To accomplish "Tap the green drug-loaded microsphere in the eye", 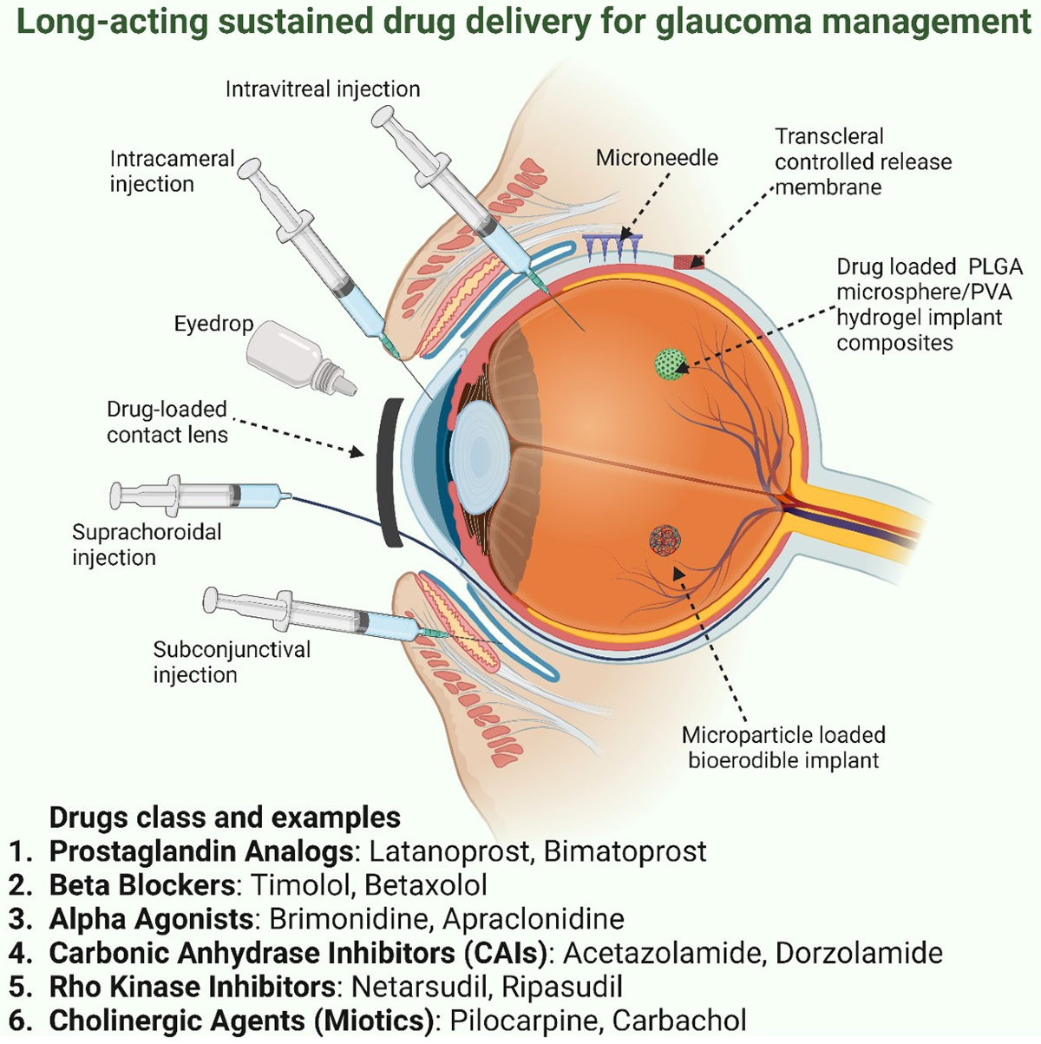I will (x=670, y=364).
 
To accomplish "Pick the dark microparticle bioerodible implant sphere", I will (x=665, y=541).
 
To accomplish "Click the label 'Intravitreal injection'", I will (x=323, y=89).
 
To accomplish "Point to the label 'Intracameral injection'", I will (x=172, y=171).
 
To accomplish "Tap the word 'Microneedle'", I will (x=657, y=158).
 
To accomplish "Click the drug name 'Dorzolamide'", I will (x=859, y=953).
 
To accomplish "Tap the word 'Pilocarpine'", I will (x=525, y=1021).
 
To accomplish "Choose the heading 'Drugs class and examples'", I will (x=225, y=817).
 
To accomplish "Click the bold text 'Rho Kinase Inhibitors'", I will (x=193, y=987).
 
